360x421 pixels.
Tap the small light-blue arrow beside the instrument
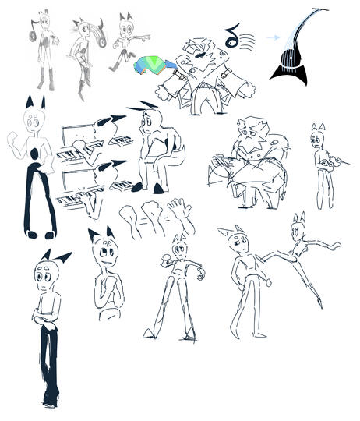pyautogui.click(x=272, y=37)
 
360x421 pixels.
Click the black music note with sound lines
pyautogui.click(x=231, y=34)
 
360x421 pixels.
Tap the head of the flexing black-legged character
pyautogui.click(x=34, y=120)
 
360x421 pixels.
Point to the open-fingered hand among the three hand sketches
pyautogui.click(x=180, y=210)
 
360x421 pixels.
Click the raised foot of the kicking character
pyautogui.click(x=336, y=245)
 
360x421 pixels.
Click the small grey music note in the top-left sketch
pyautogui.click(x=33, y=31)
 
